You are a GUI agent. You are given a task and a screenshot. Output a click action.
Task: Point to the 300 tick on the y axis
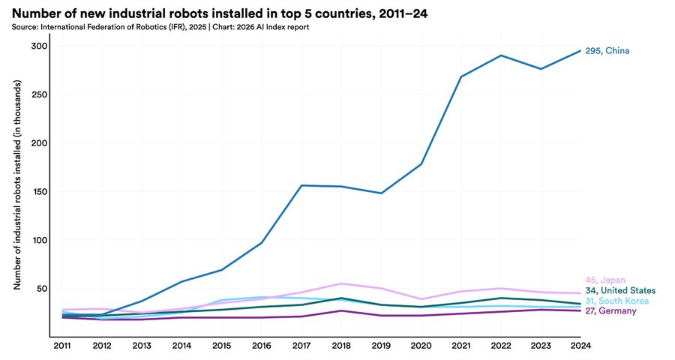tap(39, 46)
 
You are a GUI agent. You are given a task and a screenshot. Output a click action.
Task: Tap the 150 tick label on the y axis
tap(39, 192)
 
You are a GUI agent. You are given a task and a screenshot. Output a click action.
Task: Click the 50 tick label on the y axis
tap(41, 289)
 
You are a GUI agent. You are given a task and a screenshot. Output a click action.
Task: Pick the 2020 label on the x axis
tap(421, 346)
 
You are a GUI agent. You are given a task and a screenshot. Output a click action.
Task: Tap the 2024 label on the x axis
tap(580, 346)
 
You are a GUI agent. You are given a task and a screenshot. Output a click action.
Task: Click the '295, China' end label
tap(607, 51)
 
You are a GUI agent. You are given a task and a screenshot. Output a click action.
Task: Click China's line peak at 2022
tap(501, 55)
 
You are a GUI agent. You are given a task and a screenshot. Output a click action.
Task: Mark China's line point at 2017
tap(301, 185)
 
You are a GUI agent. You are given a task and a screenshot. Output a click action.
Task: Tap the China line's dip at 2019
tap(381, 193)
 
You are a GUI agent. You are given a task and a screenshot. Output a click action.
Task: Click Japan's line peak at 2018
tap(341, 283)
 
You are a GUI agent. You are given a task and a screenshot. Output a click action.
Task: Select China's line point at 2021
tap(461, 76)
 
